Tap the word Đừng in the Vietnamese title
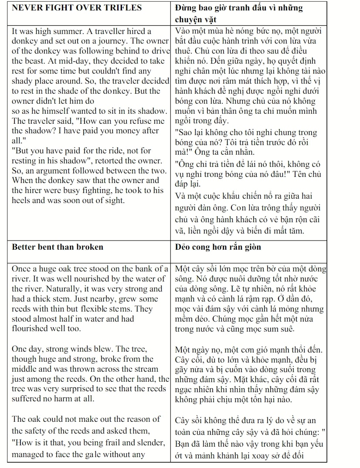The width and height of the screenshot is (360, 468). pyautogui.click(x=185, y=8)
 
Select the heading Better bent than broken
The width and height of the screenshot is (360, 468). pyautogui.click(x=58, y=247)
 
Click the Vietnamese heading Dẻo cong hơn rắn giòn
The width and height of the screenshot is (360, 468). pyautogui.click(x=218, y=247)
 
